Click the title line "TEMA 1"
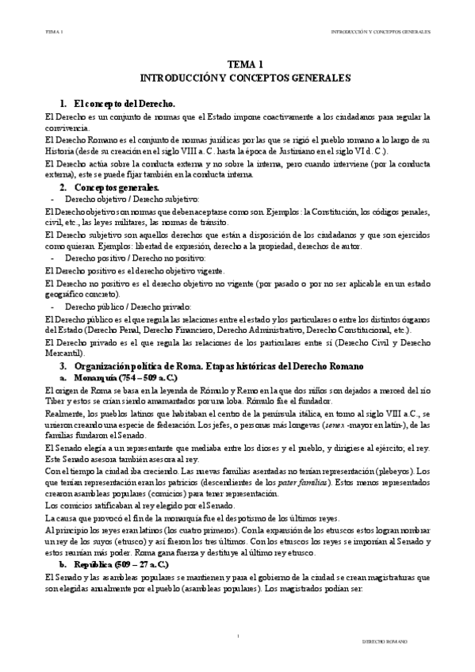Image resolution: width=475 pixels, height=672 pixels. pyautogui.click(x=239, y=66)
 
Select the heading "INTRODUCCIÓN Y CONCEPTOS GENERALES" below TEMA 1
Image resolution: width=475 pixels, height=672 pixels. pyautogui.click(x=239, y=79)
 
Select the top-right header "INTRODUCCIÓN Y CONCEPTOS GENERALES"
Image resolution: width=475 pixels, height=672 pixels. pyautogui.click(x=380, y=32)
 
